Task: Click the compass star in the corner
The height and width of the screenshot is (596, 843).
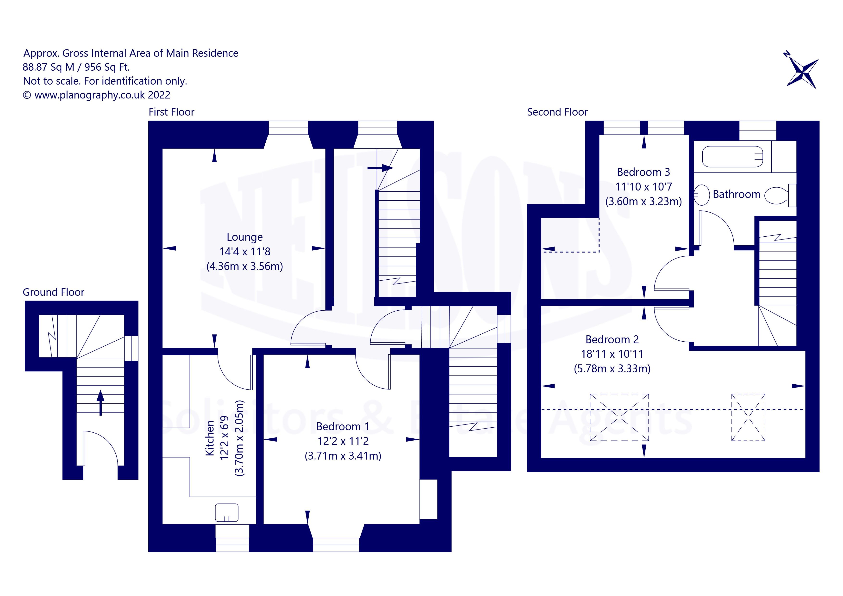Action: coord(802,74)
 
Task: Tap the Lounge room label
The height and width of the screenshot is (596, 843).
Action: coord(244,237)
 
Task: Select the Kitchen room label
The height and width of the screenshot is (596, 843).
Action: coord(210,438)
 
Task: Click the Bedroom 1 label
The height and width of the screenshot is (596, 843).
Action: coord(343,426)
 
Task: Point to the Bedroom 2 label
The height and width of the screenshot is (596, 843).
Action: coord(612,339)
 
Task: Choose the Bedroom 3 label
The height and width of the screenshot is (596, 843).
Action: coord(643,172)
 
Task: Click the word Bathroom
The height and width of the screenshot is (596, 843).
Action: coord(737,194)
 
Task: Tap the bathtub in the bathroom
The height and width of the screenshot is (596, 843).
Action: coord(732,157)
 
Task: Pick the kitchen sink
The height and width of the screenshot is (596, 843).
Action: coord(226,513)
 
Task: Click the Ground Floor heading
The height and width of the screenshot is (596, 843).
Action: coord(54,292)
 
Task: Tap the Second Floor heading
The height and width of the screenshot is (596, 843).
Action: coord(557,112)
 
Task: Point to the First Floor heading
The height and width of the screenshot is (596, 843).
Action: coord(171,112)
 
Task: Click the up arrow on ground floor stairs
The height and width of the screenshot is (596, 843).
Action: coord(100,403)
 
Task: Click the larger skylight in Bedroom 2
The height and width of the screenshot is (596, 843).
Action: coord(619,417)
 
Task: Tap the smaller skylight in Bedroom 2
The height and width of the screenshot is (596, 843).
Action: coord(749,417)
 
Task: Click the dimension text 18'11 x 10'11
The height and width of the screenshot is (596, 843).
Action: coord(612,354)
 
